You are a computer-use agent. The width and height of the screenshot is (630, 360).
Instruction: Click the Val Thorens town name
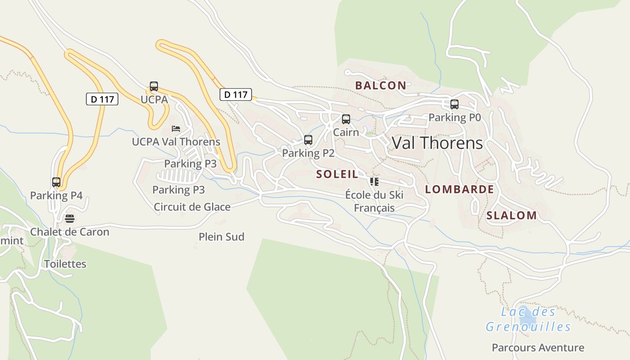click(x=437, y=143)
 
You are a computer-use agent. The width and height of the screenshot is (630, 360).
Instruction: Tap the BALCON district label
click(x=380, y=85)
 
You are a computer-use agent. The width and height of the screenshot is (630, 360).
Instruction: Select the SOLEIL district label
click(x=337, y=174)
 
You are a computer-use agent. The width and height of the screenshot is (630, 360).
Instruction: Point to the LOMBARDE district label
click(x=459, y=189)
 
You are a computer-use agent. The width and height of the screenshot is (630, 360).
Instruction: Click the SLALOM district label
click(x=512, y=216)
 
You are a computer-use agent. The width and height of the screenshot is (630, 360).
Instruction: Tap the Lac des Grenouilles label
click(x=528, y=319)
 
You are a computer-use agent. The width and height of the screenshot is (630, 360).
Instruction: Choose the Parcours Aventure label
click(x=538, y=347)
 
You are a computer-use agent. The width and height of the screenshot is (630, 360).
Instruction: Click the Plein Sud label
click(x=221, y=237)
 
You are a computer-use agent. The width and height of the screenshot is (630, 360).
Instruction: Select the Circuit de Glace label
click(x=192, y=207)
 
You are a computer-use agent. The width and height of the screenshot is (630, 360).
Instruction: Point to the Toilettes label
click(x=65, y=264)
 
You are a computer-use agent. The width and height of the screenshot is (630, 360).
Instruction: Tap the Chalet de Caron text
click(x=70, y=232)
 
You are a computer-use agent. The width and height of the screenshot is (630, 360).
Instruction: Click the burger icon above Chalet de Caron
click(x=70, y=219)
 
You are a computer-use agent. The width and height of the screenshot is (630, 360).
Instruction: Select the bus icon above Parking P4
click(x=56, y=182)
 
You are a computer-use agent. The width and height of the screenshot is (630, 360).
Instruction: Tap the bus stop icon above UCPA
click(x=154, y=86)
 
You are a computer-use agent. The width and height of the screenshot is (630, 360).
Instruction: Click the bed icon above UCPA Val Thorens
click(x=176, y=129)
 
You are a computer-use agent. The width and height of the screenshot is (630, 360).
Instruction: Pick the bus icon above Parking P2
click(x=308, y=140)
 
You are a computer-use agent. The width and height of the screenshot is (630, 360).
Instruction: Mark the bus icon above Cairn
click(x=346, y=119)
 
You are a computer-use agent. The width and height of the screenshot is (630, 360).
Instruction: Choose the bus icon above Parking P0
click(x=454, y=104)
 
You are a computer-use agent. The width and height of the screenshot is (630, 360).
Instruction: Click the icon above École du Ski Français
click(x=374, y=182)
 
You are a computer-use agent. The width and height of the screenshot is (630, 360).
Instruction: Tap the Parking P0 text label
click(x=454, y=117)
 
